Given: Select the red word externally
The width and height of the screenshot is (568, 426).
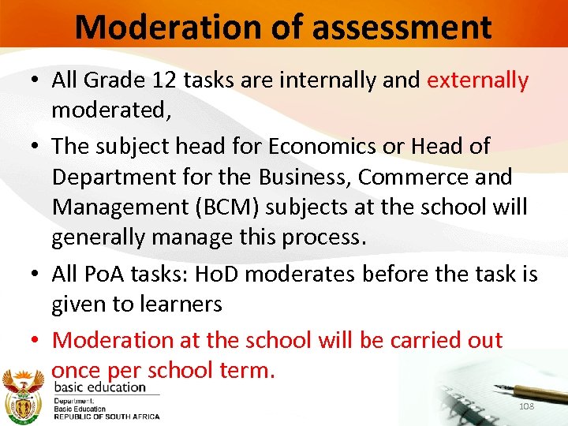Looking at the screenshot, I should coord(478,80).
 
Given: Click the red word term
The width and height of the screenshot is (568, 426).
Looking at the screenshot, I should coord(249,370).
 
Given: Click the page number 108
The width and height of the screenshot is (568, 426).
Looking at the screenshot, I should coord(527,405).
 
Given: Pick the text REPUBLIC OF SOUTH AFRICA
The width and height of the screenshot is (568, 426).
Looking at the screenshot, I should coord(106,417).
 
